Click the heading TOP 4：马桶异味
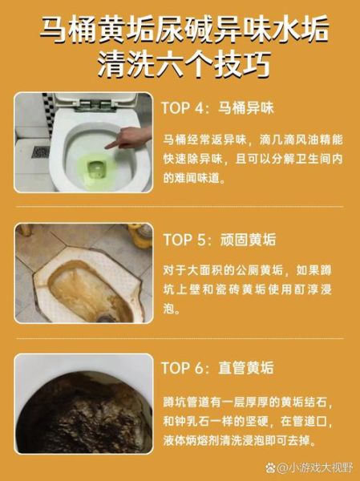(217, 108)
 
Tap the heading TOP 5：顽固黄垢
(220, 240)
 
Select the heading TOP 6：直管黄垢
(217, 367)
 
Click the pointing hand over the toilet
(129, 138)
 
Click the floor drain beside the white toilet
(41, 152)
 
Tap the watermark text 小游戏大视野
(315, 468)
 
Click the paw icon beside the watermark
(271, 468)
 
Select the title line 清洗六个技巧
(184, 66)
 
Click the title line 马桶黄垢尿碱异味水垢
(184, 30)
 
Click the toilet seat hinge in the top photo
(95, 103)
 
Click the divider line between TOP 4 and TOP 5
(180, 207)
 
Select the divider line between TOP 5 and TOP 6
(180, 338)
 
